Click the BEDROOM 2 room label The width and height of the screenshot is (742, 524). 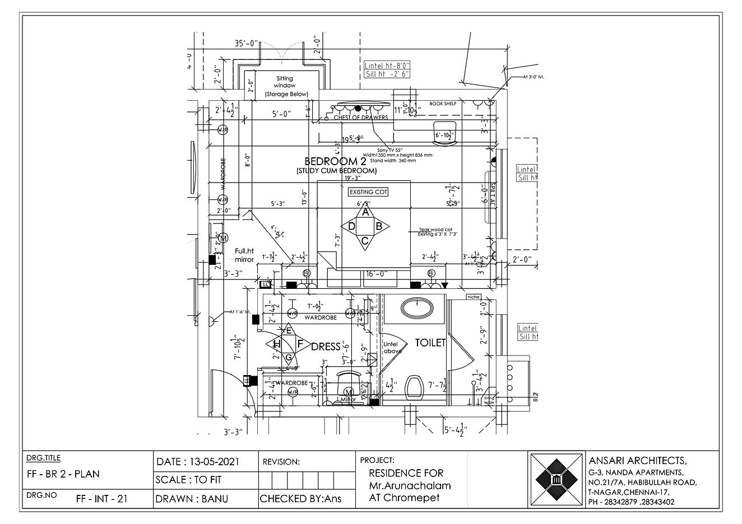[x=335, y=161]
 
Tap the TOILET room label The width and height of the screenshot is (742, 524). [x=430, y=343]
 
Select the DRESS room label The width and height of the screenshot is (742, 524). [x=326, y=347]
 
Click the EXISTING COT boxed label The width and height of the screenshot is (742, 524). [x=368, y=192]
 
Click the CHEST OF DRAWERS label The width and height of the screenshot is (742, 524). [x=360, y=118]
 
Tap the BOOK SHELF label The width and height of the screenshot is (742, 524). [x=443, y=104]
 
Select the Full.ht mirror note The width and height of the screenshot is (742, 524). [x=244, y=255]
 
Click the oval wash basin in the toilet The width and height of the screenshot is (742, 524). [x=417, y=308]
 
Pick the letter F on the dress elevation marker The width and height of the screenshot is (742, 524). [x=300, y=343]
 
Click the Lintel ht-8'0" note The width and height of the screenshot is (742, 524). [x=387, y=65]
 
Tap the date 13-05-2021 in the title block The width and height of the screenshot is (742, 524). [x=198, y=462]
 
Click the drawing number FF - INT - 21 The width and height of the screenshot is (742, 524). [x=101, y=499]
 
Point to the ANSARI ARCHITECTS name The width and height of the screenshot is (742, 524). [x=637, y=461]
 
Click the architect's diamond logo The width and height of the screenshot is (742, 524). [x=556, y=480]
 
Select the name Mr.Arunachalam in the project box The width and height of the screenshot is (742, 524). [x=410, y=485]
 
